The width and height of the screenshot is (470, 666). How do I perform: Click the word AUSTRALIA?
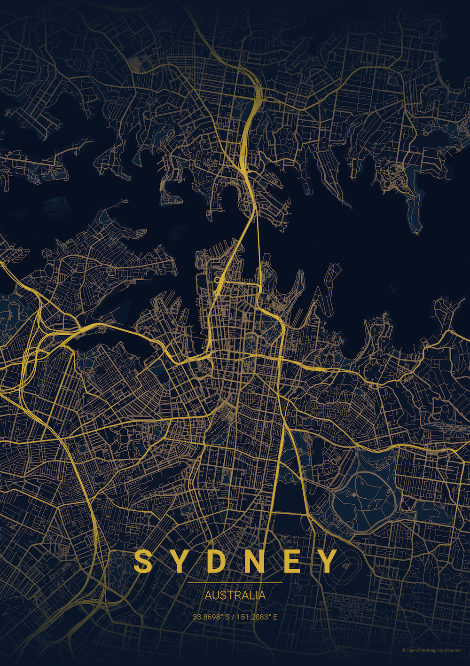click(235, 595)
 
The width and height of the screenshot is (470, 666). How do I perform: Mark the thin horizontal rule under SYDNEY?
click(235, 583)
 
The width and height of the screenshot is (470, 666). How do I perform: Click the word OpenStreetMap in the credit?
click(421, 650)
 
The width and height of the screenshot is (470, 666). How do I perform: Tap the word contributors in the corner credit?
click(449, 650)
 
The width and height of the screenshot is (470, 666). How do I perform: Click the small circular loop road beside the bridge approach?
click(218, 280)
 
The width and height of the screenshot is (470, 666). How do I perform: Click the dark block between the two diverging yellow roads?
click(288, 489)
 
